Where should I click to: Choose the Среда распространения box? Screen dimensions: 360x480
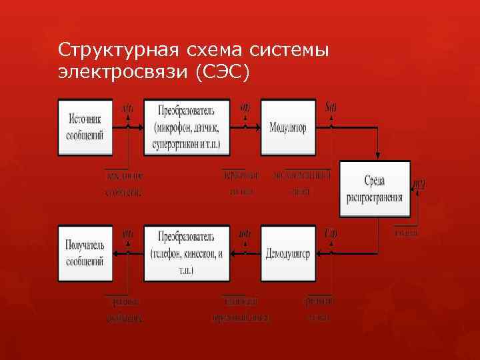375,189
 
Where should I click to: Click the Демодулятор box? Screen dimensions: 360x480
288,253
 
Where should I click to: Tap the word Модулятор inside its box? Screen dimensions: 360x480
288,127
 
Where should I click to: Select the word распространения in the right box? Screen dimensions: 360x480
375,197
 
